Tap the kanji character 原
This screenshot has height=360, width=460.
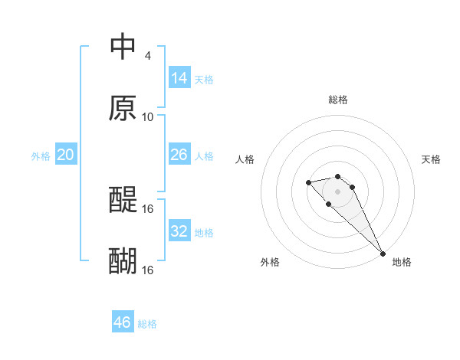[123, 108]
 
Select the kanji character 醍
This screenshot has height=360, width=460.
[123, 200]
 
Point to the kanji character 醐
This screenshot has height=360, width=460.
[123, 261]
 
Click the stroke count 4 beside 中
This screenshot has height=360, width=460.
[147, 56]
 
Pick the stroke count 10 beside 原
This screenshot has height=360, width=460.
[147, 117]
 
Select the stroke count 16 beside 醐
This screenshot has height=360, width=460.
[149, 270]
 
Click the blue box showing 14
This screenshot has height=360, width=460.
[179, 78]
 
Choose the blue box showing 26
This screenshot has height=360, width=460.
[179, 155]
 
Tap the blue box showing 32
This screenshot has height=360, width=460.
[179, 231]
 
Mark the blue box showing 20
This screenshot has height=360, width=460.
[65, 155]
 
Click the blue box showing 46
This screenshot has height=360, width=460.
[122, 322]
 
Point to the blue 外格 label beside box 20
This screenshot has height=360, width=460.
[41, 156]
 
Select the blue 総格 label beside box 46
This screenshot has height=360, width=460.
[147, 324]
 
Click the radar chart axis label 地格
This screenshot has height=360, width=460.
[402, 262]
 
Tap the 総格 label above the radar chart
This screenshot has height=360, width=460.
[338, 100]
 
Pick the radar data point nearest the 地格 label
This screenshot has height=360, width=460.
[383, 254]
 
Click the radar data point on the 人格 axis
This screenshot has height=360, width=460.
[308, 182]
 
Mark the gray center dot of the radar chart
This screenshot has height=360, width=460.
[338, 191]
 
